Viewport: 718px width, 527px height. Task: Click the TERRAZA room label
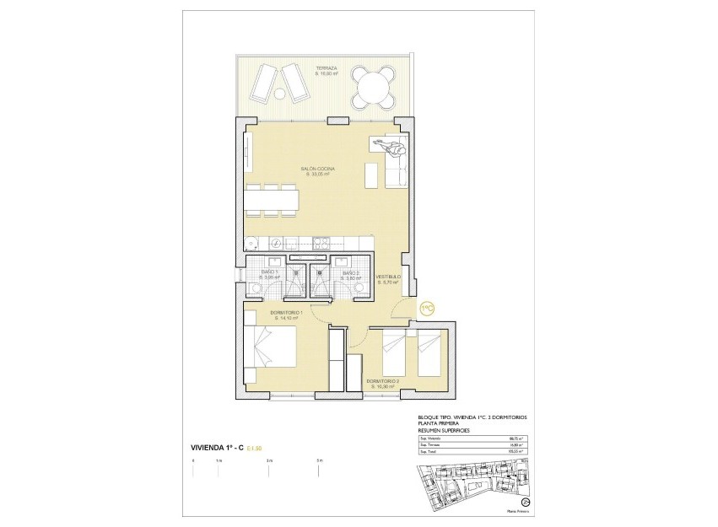[x=326, y=69]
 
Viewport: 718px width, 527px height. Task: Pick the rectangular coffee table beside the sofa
[x=370, y=174]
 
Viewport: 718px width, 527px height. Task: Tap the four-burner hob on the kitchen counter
[x=321, y=245]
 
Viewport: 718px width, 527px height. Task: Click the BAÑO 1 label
[x=269, y=272]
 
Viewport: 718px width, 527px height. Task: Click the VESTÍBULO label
[x=387, y=279]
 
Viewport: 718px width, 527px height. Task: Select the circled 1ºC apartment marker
[x=427, y=309]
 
